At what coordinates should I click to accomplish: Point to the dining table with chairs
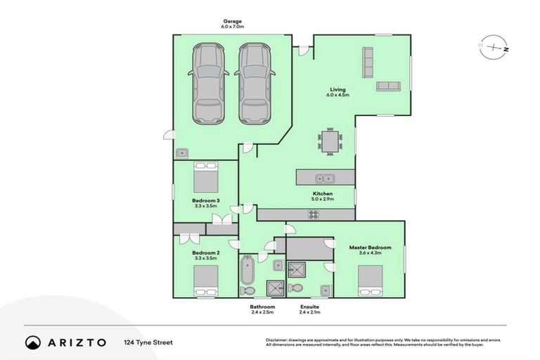click(x=330, y=141)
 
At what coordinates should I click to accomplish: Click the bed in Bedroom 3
click(x=207, y=177)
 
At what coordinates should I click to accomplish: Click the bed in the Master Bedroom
click(x=370, y=282)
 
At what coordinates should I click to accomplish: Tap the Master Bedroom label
click(x=370, y=247)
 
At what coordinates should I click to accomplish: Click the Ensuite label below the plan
click(x=309, y=307)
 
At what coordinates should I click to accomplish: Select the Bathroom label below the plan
click(x=262, y=307)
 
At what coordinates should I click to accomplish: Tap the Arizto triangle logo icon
click(x=33, y=342)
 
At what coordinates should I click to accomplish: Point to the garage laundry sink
click(x=182, y=152)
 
